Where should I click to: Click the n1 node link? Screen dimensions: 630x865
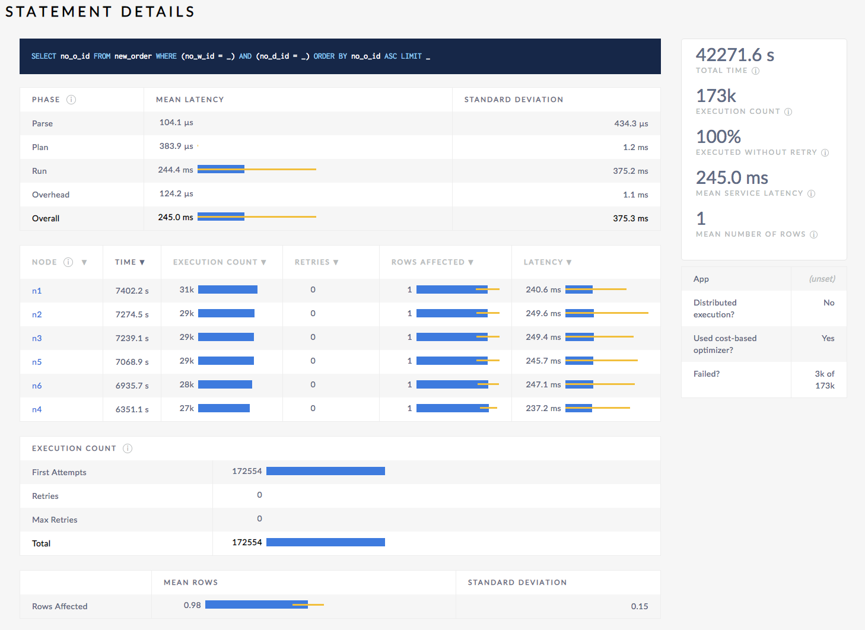(37, 291)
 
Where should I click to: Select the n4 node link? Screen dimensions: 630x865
(37, 409)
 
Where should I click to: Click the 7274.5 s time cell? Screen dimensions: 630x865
(132, 314)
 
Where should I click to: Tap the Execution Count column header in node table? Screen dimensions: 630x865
(219, 262)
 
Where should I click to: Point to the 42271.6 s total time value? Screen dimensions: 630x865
(734, 55)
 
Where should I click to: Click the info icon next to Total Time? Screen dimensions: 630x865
(755, 71)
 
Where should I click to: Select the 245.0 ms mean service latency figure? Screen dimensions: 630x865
(732, 178)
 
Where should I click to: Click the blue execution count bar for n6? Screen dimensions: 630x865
(225, 384)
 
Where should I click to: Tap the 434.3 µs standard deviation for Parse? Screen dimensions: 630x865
(631, 123)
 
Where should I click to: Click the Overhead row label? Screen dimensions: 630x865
(50, 195)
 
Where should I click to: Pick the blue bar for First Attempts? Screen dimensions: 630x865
(325, 471)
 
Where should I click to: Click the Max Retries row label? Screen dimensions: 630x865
(55, 520)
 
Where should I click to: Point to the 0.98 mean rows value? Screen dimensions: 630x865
(192, 605)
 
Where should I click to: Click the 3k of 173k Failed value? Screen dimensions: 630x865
(824, 380)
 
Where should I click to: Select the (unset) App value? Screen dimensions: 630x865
(822, 279)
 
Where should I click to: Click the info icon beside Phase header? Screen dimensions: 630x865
(71, 100)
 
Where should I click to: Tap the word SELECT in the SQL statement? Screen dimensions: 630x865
(43, 56)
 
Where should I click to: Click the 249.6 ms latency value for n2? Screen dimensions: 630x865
(543, 313)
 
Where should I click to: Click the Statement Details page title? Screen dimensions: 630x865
(100, 12)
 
